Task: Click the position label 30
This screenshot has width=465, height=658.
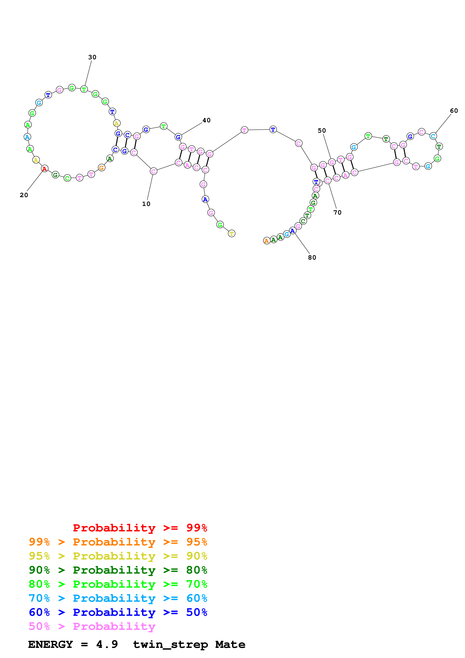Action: point(92,57)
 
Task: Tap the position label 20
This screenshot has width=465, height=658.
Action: point(24,195)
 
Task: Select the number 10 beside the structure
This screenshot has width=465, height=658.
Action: point(146,204)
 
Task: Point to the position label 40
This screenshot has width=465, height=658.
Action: point(206,120)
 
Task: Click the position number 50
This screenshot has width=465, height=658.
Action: point(322,131)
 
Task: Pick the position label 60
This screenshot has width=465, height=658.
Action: point(454,111)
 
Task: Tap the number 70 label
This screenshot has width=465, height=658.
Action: point(337,213)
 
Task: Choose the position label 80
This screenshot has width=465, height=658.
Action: point(312,258)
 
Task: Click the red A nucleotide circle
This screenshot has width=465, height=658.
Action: point(44,169)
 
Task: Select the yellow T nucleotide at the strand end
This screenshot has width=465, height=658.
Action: point(231,234)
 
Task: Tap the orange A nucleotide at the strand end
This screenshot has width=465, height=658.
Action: point(266,241)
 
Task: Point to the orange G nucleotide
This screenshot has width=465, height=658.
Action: point(101,168)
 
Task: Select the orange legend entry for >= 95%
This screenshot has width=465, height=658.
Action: point(118,542)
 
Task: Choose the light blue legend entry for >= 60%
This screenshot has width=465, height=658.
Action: point(118,598)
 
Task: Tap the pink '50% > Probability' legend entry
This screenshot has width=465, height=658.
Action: point(92,626)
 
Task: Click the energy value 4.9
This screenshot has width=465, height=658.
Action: point(107,644)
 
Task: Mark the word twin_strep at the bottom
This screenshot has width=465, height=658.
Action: point(171,644)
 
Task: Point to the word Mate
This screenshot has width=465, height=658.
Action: point(230,644)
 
